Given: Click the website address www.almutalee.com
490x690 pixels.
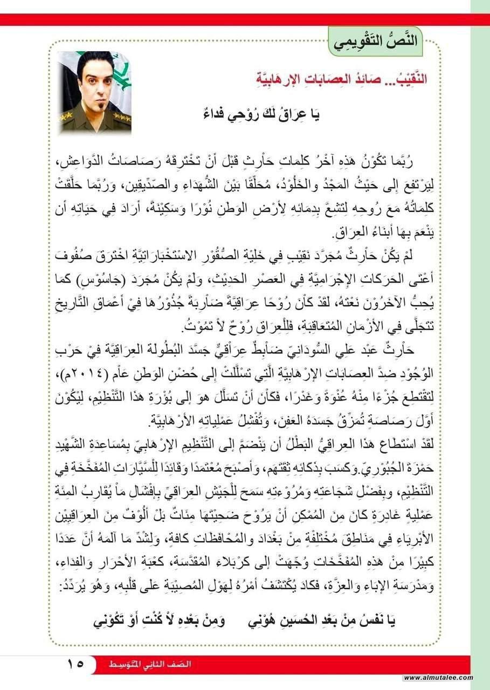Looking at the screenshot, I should [x=438, y=678].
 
